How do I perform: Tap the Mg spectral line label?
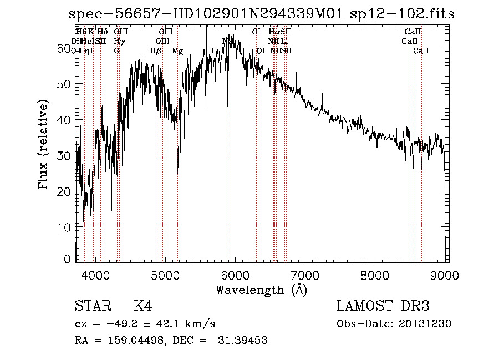(x=177, y=51)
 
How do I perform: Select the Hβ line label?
(x=156, y=51)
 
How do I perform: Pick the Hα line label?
(x=274, y=32)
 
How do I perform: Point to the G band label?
(x=117, y=51)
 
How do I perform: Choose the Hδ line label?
(x=103, y=32)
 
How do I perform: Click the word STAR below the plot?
(x=89, y=307)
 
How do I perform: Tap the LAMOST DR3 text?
(x=383, y=307)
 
